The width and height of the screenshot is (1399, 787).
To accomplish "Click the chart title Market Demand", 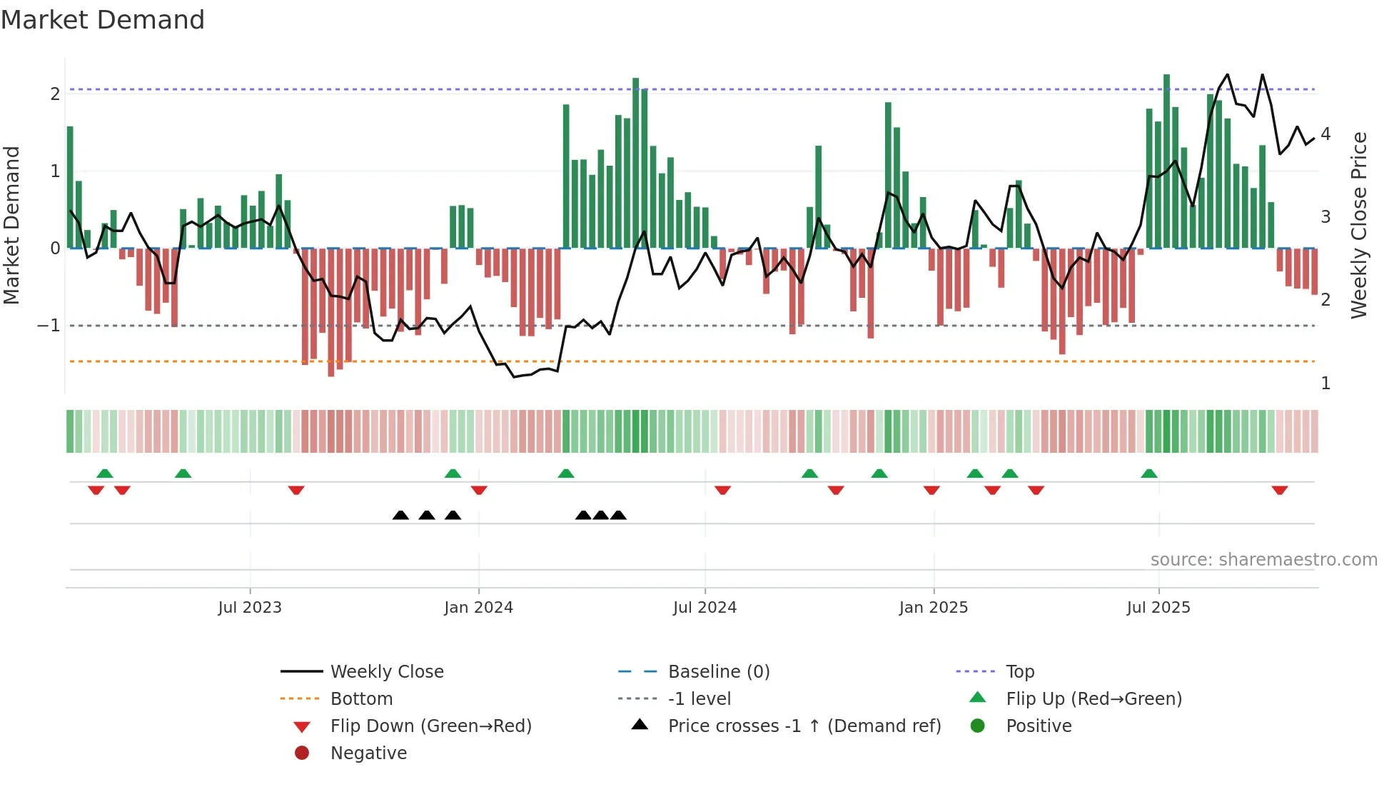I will (x=103, y=20).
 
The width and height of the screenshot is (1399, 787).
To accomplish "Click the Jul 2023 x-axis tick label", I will (x=250, y=608).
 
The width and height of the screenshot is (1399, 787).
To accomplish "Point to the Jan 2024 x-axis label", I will (x=478, y=608).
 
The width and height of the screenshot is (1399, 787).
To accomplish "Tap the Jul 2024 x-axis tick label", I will (x=704, y=608).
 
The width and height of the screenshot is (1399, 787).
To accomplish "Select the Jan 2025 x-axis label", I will (x=933, y=608).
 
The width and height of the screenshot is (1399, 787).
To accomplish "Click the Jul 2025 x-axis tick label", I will (x=1158, y=608).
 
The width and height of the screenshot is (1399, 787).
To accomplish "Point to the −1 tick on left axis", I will (x=49, y=326).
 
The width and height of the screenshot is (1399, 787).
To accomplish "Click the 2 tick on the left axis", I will (x=55, y=94).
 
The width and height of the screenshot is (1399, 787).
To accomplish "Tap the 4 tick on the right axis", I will (x=1325, y=134).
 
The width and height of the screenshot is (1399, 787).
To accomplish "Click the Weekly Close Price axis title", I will (x=1359, y=225).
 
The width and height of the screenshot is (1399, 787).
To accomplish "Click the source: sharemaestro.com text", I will (x=1263, y=560).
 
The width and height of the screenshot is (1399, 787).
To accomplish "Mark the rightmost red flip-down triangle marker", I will (x=1279, y=490).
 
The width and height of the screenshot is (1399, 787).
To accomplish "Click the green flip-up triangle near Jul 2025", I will (x=1148, y=473).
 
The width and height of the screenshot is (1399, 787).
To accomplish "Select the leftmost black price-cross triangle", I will (x=400, y=515).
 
